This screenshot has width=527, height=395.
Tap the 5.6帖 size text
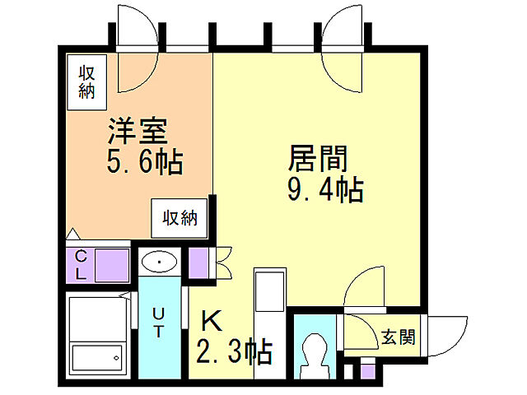click(x=144, y=160)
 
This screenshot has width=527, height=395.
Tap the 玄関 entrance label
click(x=399, y=337)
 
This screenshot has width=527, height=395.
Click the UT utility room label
click(x=158, y=321)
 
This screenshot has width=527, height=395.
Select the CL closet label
click(x=82, y=265)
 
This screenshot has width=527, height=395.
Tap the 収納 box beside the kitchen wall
click(x=179, y=218)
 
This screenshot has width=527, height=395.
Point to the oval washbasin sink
click(x=159, y=263)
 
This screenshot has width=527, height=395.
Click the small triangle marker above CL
click(x=72, y=234)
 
